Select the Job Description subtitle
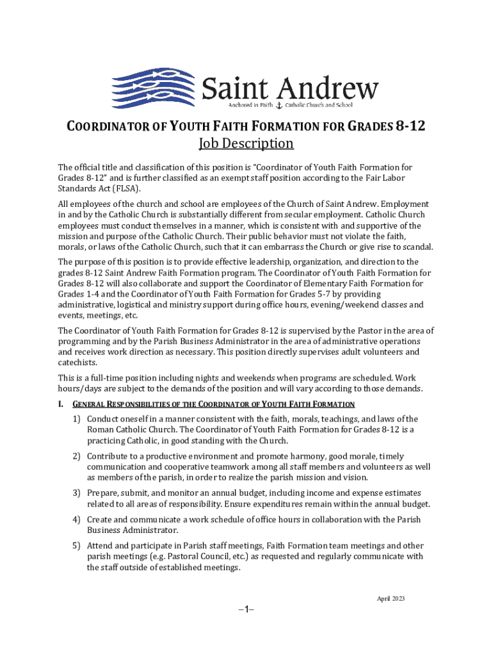coord(246,143)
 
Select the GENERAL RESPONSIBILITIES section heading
coord(213,404)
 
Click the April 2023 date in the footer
coord(391,598)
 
